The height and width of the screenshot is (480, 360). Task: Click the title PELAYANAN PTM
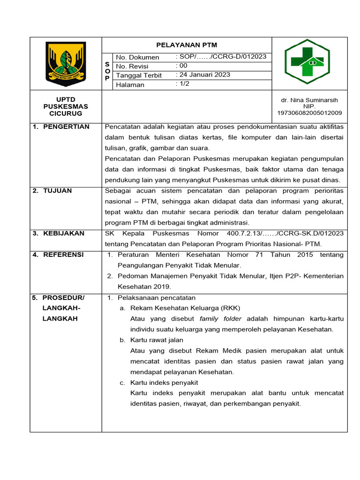point(187,45)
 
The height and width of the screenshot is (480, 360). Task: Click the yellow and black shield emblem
point(66,64)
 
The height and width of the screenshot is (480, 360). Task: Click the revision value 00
point(182,66)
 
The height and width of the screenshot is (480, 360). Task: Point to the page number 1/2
point(183,84)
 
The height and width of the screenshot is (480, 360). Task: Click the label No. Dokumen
point(137,57)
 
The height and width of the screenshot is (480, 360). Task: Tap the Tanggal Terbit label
point(139,75)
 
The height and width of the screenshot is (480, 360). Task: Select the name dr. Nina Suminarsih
point(309,100)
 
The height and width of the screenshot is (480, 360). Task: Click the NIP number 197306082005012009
point(309,113)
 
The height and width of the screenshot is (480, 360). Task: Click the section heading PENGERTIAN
point(66,127)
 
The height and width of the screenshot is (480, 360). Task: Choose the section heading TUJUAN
point(59,191)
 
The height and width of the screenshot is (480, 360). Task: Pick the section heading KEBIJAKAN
point(64,233)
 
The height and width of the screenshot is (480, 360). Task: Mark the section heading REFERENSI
point(63,255)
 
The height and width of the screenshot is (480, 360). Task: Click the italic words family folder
point(220,319)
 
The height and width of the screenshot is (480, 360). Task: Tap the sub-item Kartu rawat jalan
point(157,340)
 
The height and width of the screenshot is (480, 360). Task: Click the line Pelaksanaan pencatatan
point(157,298)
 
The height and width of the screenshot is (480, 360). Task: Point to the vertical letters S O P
point(107,71)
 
